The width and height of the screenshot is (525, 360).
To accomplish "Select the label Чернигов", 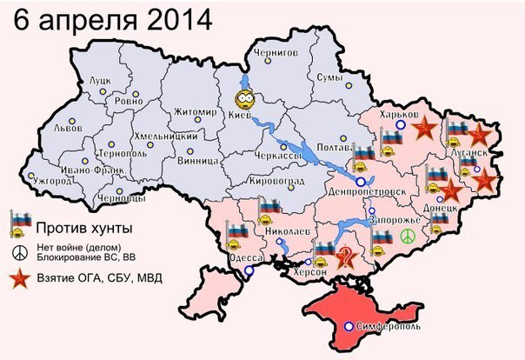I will (274, 53).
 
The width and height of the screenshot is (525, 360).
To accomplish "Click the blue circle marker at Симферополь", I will (349, 326).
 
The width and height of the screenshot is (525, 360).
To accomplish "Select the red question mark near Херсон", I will (346, 256).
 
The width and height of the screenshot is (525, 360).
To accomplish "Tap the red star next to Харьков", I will (423, 130).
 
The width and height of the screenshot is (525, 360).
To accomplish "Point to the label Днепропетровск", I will (365, 190).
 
